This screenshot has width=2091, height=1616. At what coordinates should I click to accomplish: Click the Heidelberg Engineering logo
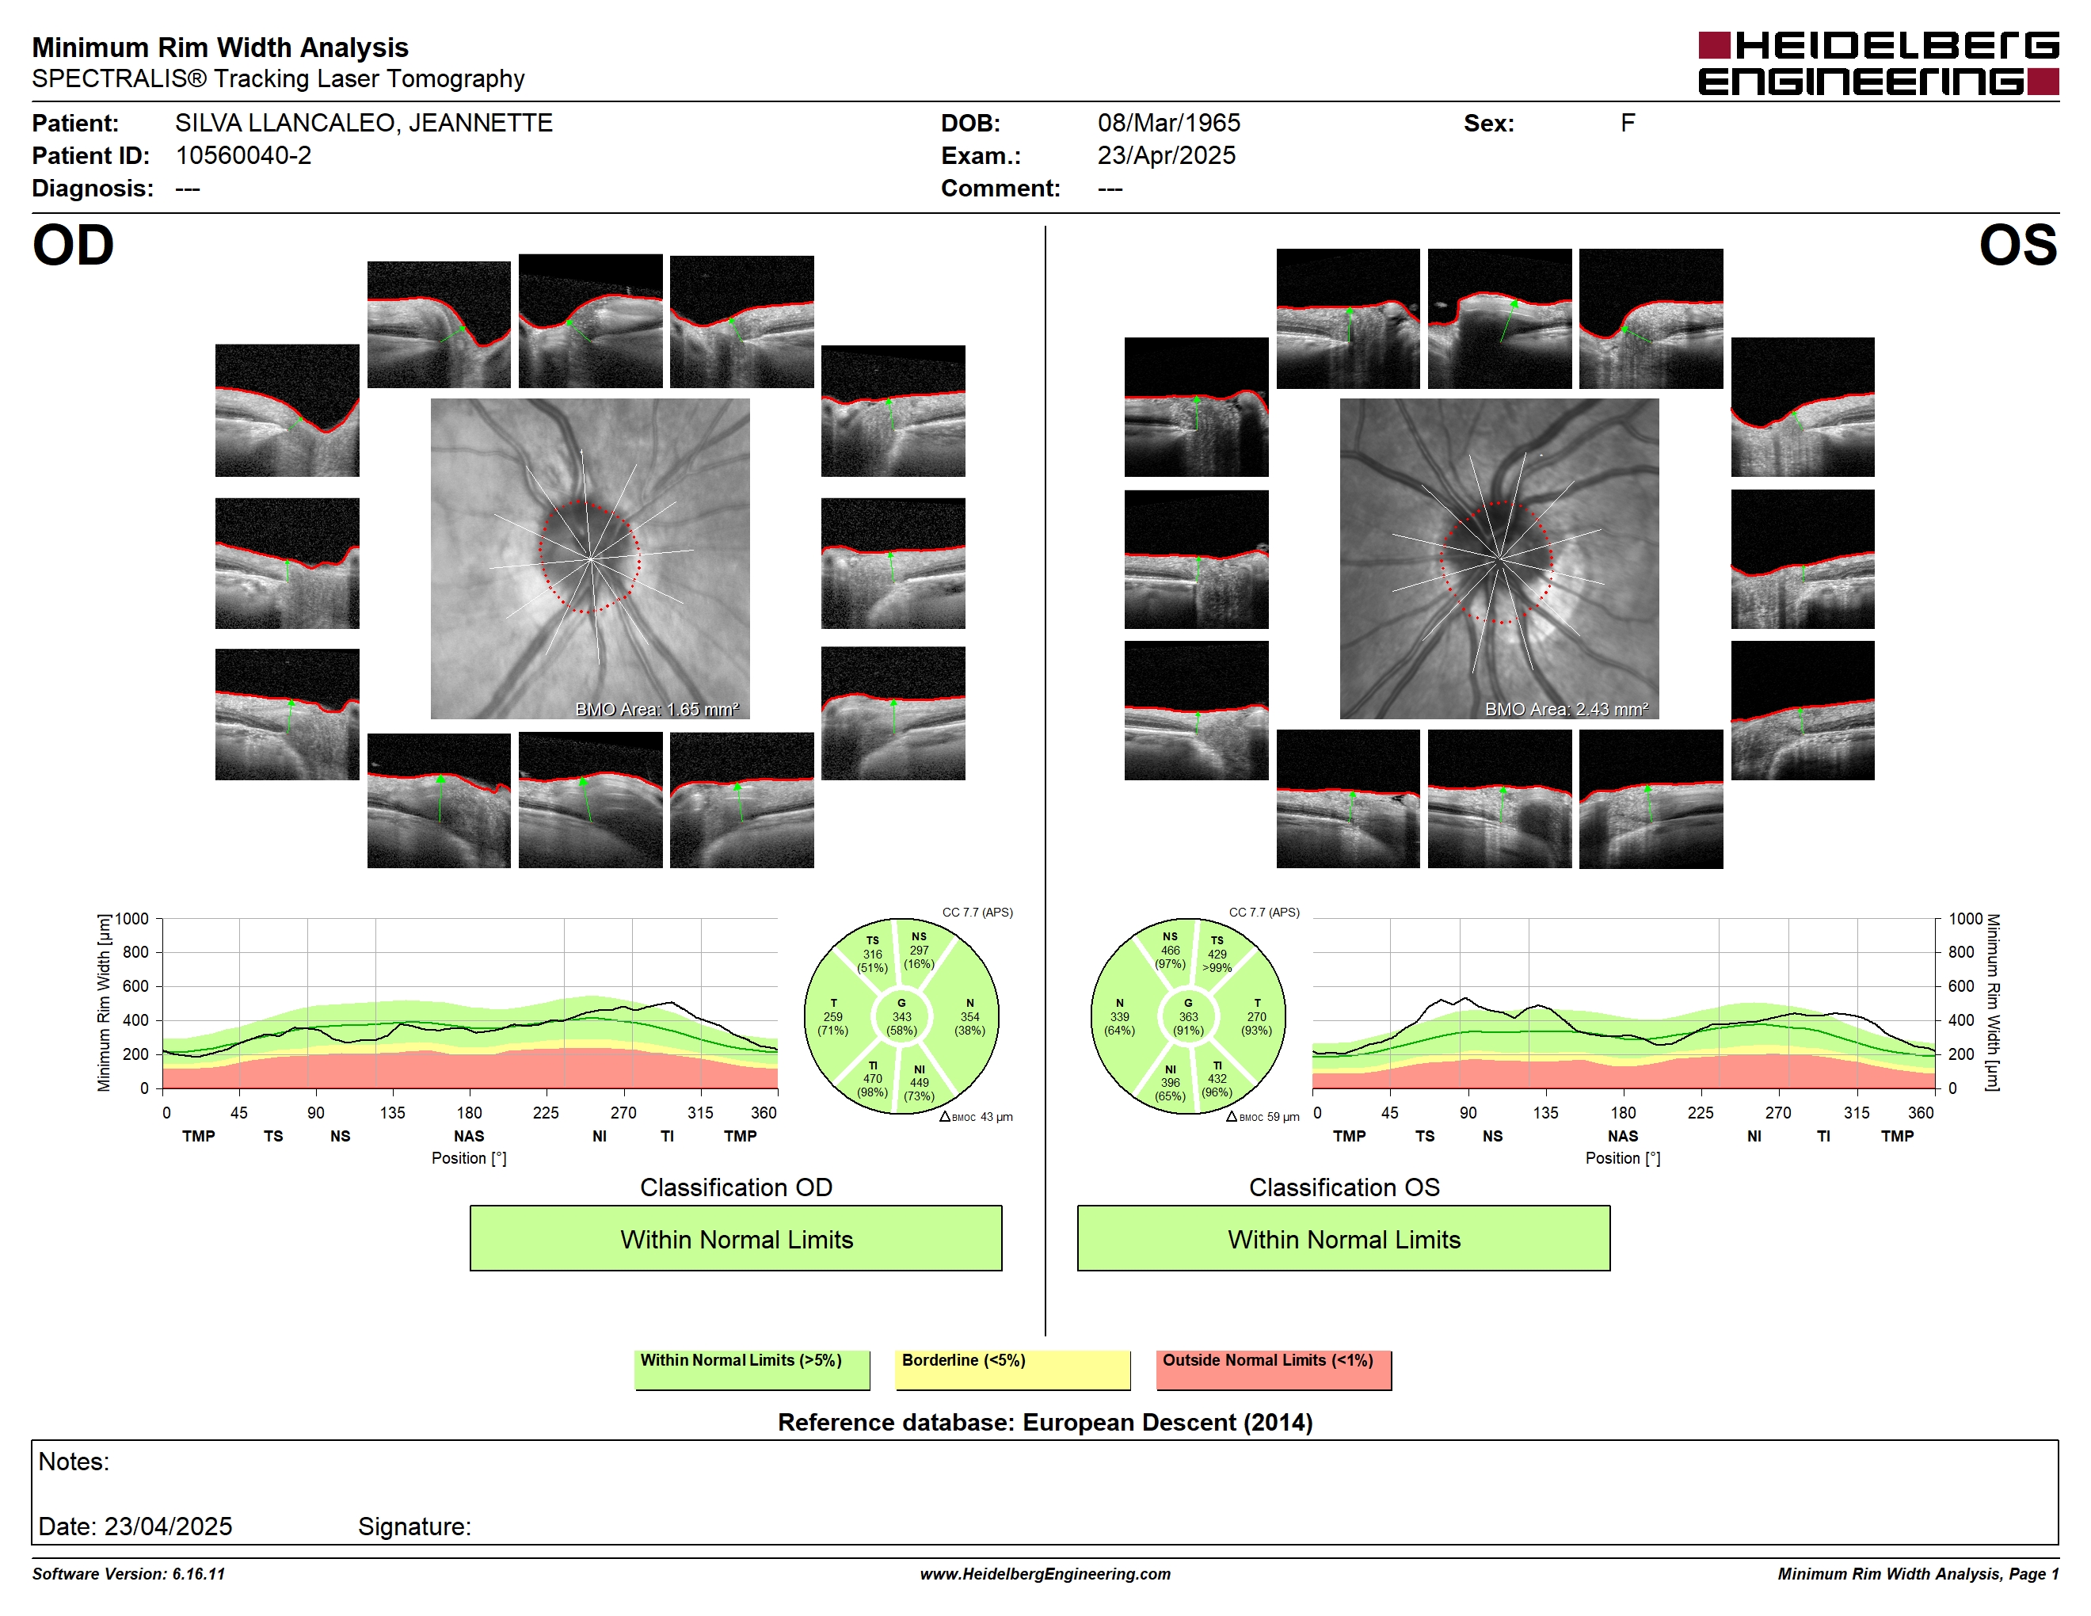pyautogui.click(x=1879, y=63)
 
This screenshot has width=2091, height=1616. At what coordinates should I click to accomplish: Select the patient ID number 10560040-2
pyautogui.click(x=243, y=156)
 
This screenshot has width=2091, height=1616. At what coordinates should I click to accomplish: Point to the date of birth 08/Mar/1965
pyautogui.click(x=1168, y=124)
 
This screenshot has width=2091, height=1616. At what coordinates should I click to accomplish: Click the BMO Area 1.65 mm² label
pyautogui.click(x=657, y=710)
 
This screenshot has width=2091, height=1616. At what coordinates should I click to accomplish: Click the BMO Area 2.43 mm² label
pyautogui.click(x=1567, y=710)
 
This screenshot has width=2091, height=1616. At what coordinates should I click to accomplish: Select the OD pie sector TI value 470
pyautogui.click(x=872, y=1079)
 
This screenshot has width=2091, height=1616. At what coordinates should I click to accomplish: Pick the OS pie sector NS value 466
pyautogui.click(x=1170, y=951)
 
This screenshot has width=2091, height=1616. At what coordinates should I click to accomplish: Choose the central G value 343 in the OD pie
pyautogui.click(x=901, y=1016)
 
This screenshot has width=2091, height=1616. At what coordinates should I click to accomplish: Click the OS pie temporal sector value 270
pyautogui.click(x=1256, y=1016)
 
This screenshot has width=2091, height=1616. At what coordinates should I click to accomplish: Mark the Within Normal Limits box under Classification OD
pyautogui.click(x=735, y=1239)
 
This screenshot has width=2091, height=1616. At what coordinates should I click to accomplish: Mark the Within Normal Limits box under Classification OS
pyautogui.click(x=1343, y=1239)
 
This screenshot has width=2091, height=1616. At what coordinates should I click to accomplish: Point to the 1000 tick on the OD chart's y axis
pyautogui.click(x=132, y=919)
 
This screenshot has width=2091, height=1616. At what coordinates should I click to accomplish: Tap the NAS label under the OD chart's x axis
pyautogui.click(x=469, y=1137)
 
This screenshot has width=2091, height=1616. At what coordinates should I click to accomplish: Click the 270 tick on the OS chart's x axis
pyautogui.click(x=1778, y=1112)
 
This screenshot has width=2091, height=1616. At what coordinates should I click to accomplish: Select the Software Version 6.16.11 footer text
pyautogui.click(x=128, y=1574)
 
